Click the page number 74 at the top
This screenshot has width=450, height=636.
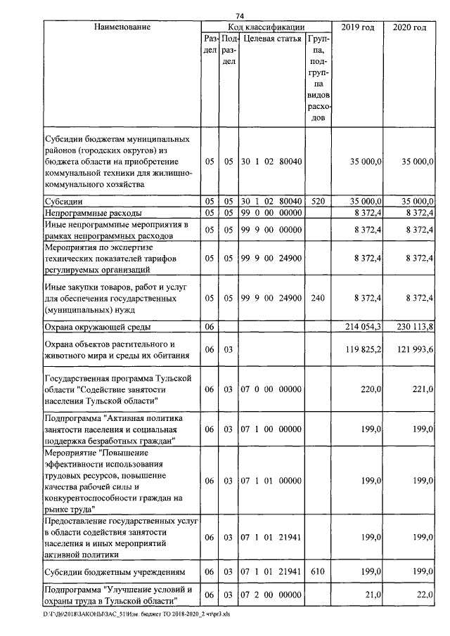(240, 16)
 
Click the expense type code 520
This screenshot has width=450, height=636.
(318, 200)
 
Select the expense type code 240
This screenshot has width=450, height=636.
(318, 298)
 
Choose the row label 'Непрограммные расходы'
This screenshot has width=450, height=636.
(94, 212)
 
